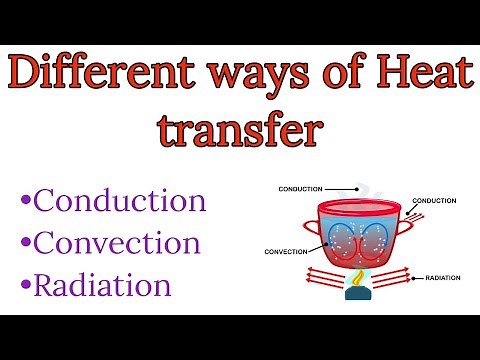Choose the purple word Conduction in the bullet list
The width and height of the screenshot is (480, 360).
click(120, 200)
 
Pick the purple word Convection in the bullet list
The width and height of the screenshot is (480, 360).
click(117, 243)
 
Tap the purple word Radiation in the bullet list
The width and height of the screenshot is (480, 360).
click(102, 286)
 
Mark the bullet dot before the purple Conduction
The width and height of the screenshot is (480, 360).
click(26, 202)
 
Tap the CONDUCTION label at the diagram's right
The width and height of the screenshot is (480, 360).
click(436, 201)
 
